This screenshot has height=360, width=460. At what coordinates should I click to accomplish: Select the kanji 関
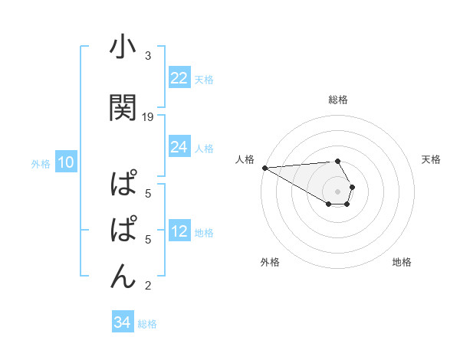click(123, 108)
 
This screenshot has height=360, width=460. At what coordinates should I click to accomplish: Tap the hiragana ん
click(123, 274)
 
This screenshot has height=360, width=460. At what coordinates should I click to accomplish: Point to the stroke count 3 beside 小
click(148, 56)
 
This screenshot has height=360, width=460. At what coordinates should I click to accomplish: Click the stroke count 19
click(148, 116)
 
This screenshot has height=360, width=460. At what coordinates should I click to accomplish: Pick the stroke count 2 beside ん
click(148, 286)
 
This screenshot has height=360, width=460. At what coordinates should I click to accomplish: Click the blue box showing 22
click(179, 78)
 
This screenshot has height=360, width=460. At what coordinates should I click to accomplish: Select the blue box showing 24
click(179, 147)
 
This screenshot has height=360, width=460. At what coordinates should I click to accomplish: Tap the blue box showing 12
click(179, 232)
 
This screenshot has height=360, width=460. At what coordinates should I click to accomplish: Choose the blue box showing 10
click(66, 162)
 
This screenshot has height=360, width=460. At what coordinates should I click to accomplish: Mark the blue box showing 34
click(122, 322)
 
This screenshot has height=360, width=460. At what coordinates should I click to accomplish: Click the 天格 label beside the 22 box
click(204, 79)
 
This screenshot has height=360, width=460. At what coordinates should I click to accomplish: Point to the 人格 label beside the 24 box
click(204, 148)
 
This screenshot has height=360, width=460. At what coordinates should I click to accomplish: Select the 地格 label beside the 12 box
click(204, 233)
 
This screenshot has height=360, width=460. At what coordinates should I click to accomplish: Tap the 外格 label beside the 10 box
click(41, 163)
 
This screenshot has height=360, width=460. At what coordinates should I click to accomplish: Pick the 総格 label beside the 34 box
click(147, 324)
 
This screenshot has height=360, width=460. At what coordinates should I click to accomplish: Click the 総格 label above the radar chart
click(338, 100)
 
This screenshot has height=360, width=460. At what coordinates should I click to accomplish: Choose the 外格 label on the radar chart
click(270, 262)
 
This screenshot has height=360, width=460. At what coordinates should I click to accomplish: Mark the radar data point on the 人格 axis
click(264, 168)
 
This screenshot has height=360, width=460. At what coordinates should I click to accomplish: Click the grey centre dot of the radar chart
click(338, 190)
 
